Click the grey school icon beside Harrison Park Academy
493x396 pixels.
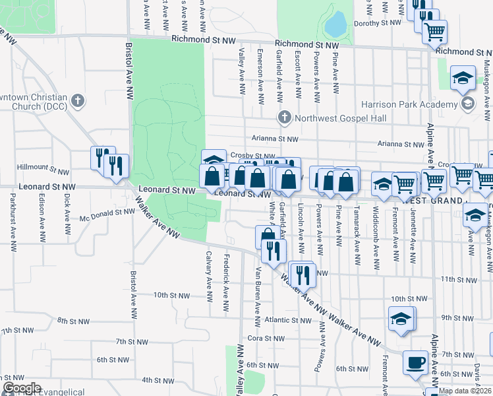(468, 103)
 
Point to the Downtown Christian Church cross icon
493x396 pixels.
(78, 101)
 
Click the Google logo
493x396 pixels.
(22, 388)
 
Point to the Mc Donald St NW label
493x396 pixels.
(107, 213)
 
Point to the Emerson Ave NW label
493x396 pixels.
(261, 69)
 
